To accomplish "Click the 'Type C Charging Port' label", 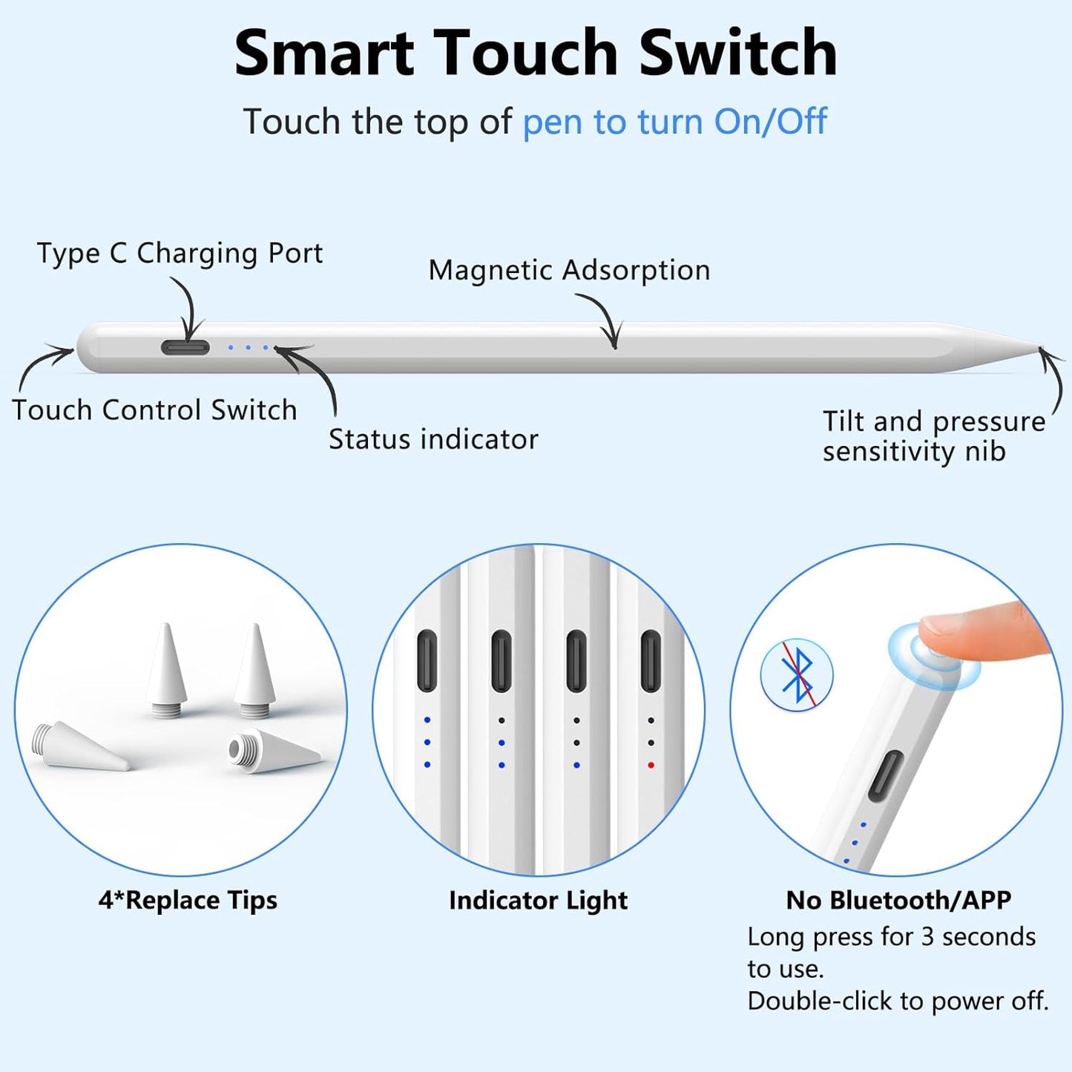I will pos(180,254).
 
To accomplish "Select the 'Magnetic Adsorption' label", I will pos(569,270).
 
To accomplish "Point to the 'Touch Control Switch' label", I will pos(154,410).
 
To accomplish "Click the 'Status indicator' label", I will pos(433,439).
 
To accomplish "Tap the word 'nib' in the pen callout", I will pos(985,451).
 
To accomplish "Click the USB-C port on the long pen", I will pos(185,347).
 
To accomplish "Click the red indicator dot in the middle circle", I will pos(651,765).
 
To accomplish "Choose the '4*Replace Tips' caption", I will pos(188,900).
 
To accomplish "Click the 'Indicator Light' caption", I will pos(538,900).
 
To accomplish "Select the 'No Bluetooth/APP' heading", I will pos(898,900).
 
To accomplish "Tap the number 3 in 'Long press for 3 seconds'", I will pos(927,937).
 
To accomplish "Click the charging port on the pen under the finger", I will pos(886,776).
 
